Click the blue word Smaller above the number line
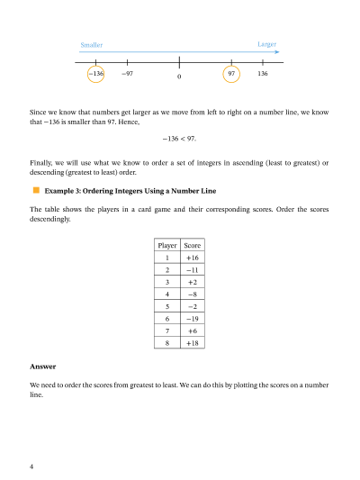[91, 44]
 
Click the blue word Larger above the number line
[266, 43]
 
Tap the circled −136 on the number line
[97, 73]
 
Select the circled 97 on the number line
[231, 73]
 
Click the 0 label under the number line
[179, 77]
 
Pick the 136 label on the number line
[262, 73]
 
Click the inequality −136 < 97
[179, 139]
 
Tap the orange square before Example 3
[36, 190]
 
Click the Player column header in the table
[166, 245]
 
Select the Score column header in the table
[193, 245]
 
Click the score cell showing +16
[193, 258]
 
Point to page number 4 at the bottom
[32, 466]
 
